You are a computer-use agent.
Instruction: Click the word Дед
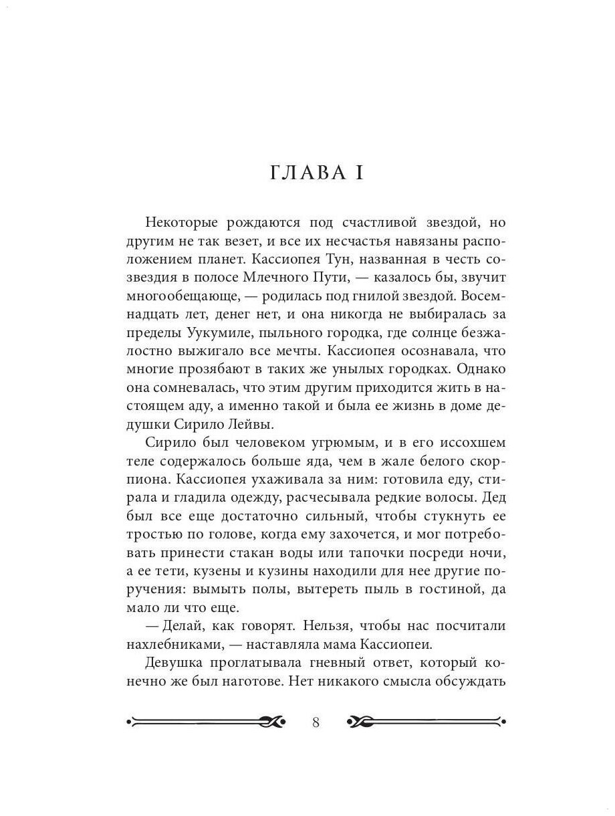pyautogui.click(x=492, y=480)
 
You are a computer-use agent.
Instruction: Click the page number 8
pyautogui.click(x=317, y=722)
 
